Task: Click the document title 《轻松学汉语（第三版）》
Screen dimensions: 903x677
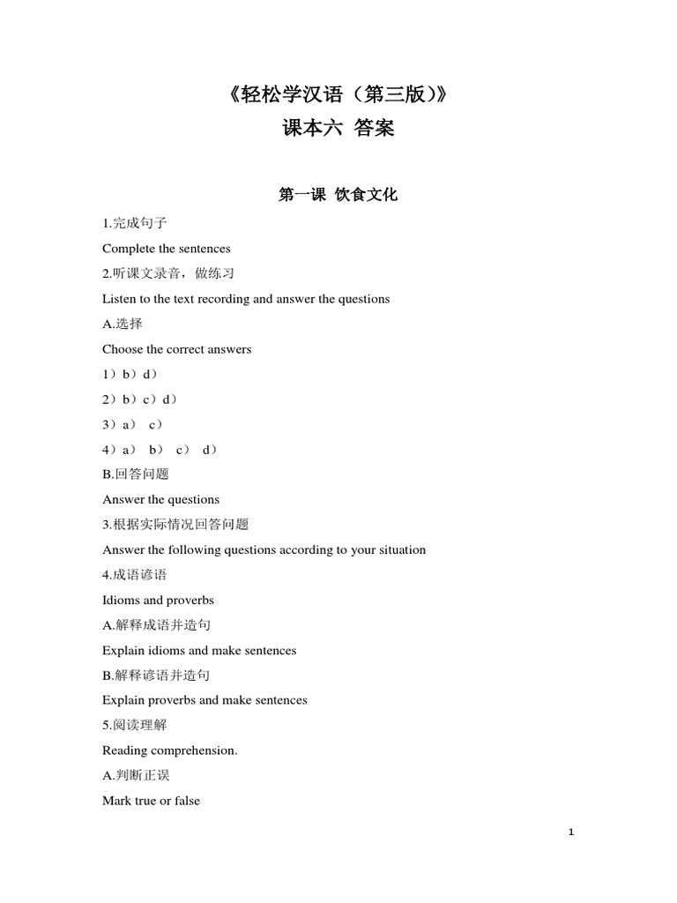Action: click(338, 94)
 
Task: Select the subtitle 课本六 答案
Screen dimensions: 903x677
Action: click(338, 129)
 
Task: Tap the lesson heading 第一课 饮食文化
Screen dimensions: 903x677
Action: click(338, 195)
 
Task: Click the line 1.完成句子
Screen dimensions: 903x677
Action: click(135, 224)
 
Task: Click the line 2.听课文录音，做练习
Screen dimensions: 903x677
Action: click(168, 274)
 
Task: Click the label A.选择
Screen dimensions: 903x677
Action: click(123, 325)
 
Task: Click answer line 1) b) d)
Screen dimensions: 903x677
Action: click(130, 375)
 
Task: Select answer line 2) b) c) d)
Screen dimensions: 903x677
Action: click(140, 399)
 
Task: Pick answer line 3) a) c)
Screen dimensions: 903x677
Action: click(133, 424)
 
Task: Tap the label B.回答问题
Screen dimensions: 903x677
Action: click(136, 474)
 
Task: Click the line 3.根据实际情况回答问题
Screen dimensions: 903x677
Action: click(175, 525)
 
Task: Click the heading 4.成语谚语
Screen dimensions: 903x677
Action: click(135, 575)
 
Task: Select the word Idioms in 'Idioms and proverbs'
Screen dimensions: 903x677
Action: click(121, 600)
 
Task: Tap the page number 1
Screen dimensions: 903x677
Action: click(571, 832)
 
